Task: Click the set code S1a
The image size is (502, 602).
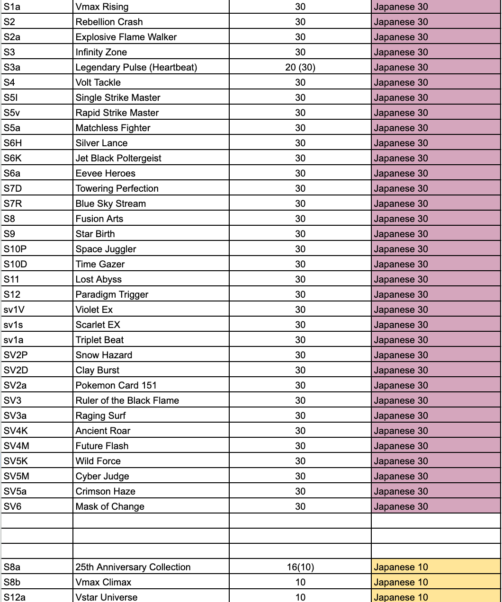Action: click(x=12, y=7)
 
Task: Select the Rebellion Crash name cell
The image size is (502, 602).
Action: click(x=109, y=22)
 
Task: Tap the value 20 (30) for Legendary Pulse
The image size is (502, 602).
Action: click(x=300, y=67)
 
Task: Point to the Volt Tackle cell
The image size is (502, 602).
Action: click(x=98, y=82)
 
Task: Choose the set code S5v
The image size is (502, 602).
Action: click(x=12, y=113)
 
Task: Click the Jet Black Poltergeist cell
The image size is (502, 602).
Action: click(x=118, y=158)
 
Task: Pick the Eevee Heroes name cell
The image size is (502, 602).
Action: click(x=106, y=173)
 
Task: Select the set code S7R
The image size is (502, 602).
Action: click(x=13, y=204)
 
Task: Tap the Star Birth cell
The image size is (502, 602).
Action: click(x=95, y=234)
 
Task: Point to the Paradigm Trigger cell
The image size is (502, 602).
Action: click(x=112, y=294)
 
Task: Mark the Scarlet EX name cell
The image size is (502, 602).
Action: click(x=98, y=325)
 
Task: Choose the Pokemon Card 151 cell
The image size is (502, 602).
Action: click(x=116, y=385)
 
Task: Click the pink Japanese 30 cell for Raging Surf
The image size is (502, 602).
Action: click(x=436, y=416)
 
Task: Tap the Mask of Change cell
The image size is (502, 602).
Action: click(x=110, y=506)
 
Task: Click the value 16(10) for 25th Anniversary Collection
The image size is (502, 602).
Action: click(x=300, y=567)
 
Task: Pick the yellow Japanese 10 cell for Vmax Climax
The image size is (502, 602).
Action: click(x=436, y=582)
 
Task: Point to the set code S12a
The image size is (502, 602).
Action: click(x=15, y=597)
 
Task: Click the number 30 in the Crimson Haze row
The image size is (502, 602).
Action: click(x=300, y=491)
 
